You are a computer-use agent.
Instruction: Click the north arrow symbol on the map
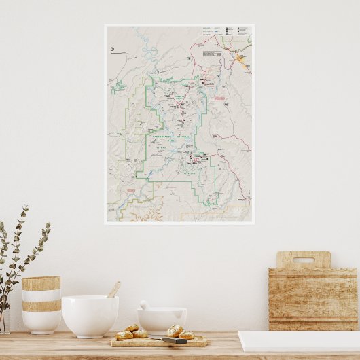coord(112,49)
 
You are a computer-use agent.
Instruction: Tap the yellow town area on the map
coord(240,60)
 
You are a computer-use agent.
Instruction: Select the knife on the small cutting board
coord(175,340)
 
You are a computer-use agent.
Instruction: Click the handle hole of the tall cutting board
coord(303,259)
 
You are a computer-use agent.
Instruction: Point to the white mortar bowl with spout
coord(161,320)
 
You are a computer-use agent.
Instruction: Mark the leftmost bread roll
coord(124,334)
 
